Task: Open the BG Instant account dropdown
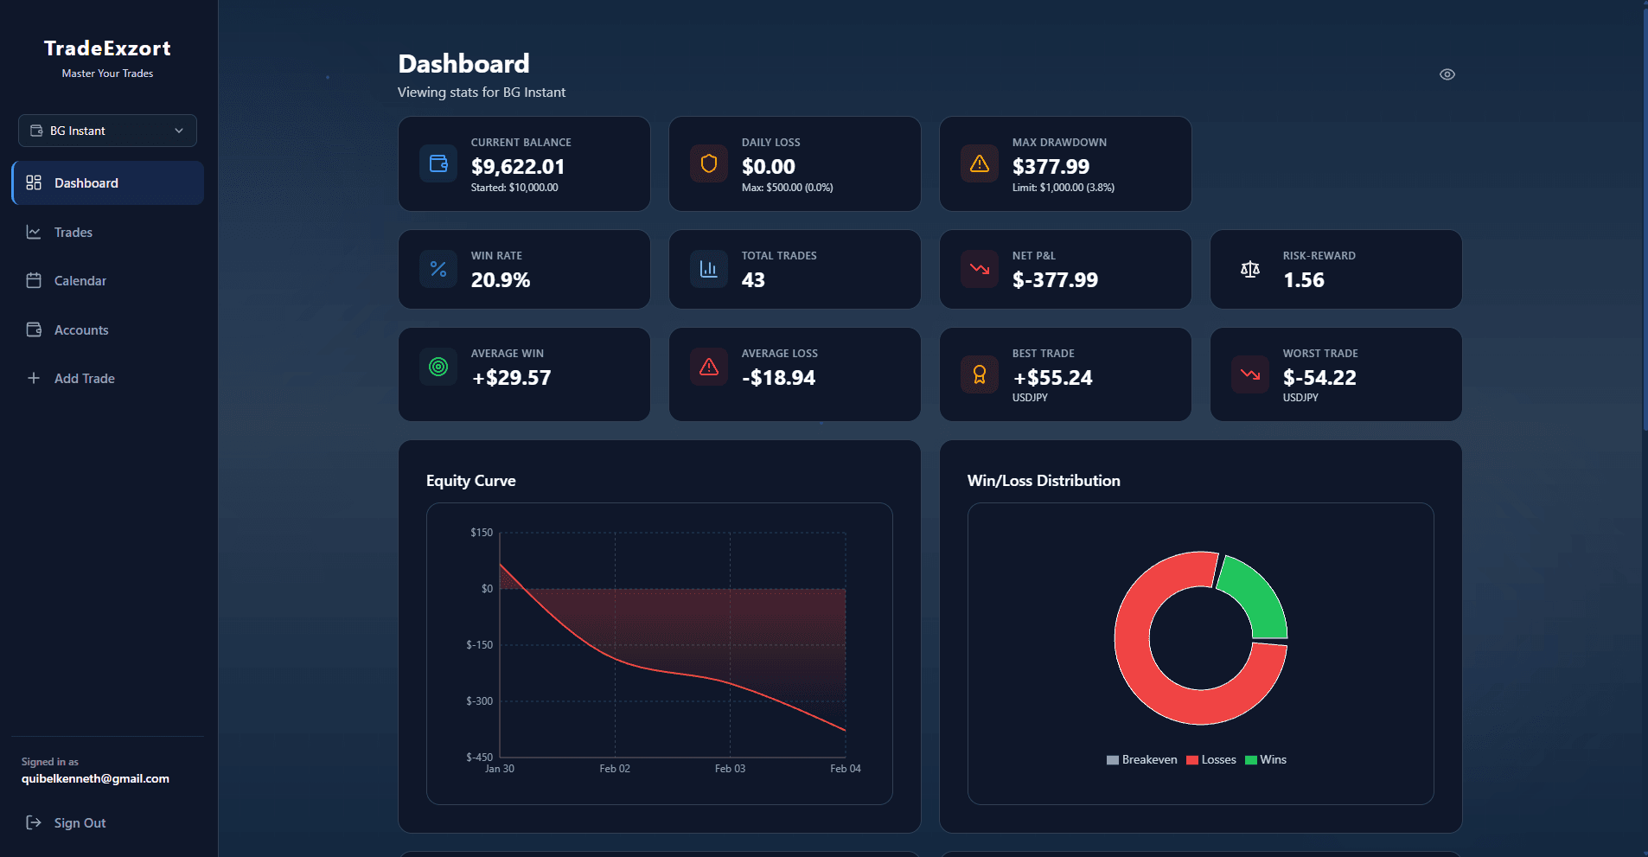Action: [107, 131]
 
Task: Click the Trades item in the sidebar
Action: [73, 233]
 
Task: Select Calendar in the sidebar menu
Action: [80, 281]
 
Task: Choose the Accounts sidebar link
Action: [80, 330]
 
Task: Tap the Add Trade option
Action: [84, 379]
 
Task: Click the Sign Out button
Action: [79, 823]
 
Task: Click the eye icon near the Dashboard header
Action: [1447, 74]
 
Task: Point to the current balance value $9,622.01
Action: [517, 167]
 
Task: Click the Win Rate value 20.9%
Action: [500, 280]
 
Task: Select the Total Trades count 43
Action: [752, 280]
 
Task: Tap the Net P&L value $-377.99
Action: [1055, 280]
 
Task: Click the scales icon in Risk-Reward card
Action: [1249, 270]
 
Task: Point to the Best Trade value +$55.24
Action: [1052, 378]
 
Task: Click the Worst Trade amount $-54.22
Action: [1319, 378]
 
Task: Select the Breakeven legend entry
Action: [1142, 760]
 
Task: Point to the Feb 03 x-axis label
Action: [730, 769]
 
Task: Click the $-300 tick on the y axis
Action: [479, 701]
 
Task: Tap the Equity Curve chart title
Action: [470, 481]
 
